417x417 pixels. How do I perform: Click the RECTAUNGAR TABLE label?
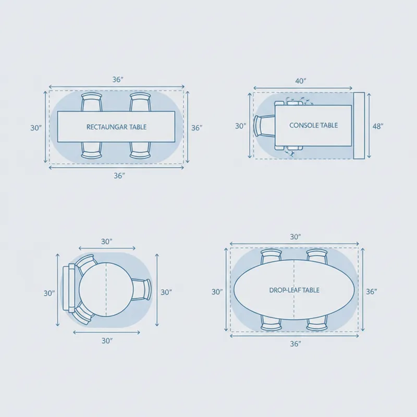tap(116, 127)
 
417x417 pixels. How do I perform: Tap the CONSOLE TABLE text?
tap(313, 125)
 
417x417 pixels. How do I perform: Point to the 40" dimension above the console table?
tap(301, 81)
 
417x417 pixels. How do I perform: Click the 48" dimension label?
tap(378, 126)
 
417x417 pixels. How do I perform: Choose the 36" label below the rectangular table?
tap(119, 176)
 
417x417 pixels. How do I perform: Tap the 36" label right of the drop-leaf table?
tap(371, 292)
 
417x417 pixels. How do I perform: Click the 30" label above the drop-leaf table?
tap(296, 237)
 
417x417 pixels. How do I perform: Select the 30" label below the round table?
tap(107, 341)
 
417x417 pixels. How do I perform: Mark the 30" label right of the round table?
tap(166, 292)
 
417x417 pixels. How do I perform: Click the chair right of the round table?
tap(141, 290)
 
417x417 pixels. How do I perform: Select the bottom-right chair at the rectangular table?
tap(140, 150)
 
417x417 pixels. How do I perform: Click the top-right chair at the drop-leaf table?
tap(317, 256)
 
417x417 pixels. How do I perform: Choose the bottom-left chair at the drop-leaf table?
tap(271, 323)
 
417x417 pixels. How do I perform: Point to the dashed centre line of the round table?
tap(106, 290)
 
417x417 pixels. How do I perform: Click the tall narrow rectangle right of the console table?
tap(359, 126)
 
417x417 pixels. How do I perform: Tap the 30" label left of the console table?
tap(240, 126)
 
